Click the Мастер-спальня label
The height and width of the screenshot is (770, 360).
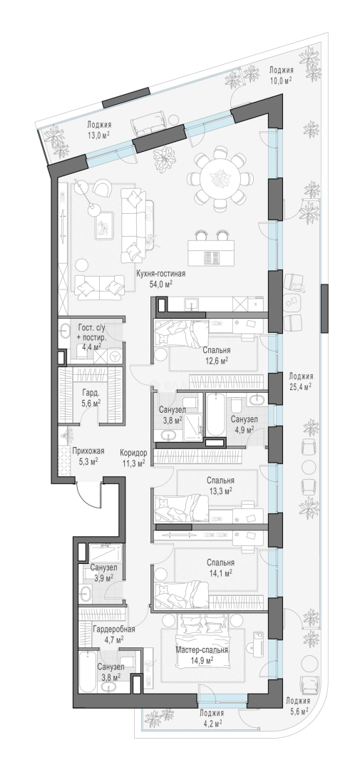pyautogui.click(x=202, y=651)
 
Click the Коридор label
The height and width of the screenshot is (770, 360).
pyautogui.click(x=133, y=453)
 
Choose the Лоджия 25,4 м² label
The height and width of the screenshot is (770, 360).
pyautogui.click(x=301, y=381)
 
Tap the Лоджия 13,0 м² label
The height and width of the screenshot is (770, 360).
pyautogui.click(x=98, y=130)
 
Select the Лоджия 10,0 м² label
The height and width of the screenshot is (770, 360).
pyautogui.click(x=281, y=75)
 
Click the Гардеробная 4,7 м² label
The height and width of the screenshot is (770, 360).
pyautogui.click(x=113, y=634)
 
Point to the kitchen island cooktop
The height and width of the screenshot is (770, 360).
pyautogui.click(x=212, y=258)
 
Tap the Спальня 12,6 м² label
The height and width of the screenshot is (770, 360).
pyautogui.click(x=217, y=355)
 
